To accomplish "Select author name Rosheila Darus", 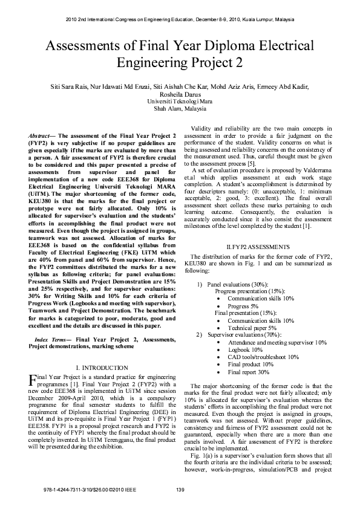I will (180, 94).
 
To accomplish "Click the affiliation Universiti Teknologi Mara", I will (180, 102).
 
